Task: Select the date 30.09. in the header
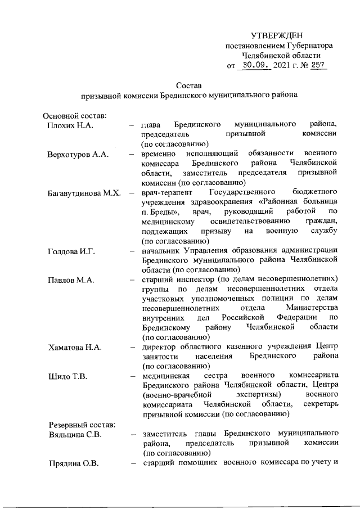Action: pos(254,66)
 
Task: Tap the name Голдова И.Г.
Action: pos(71,251)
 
